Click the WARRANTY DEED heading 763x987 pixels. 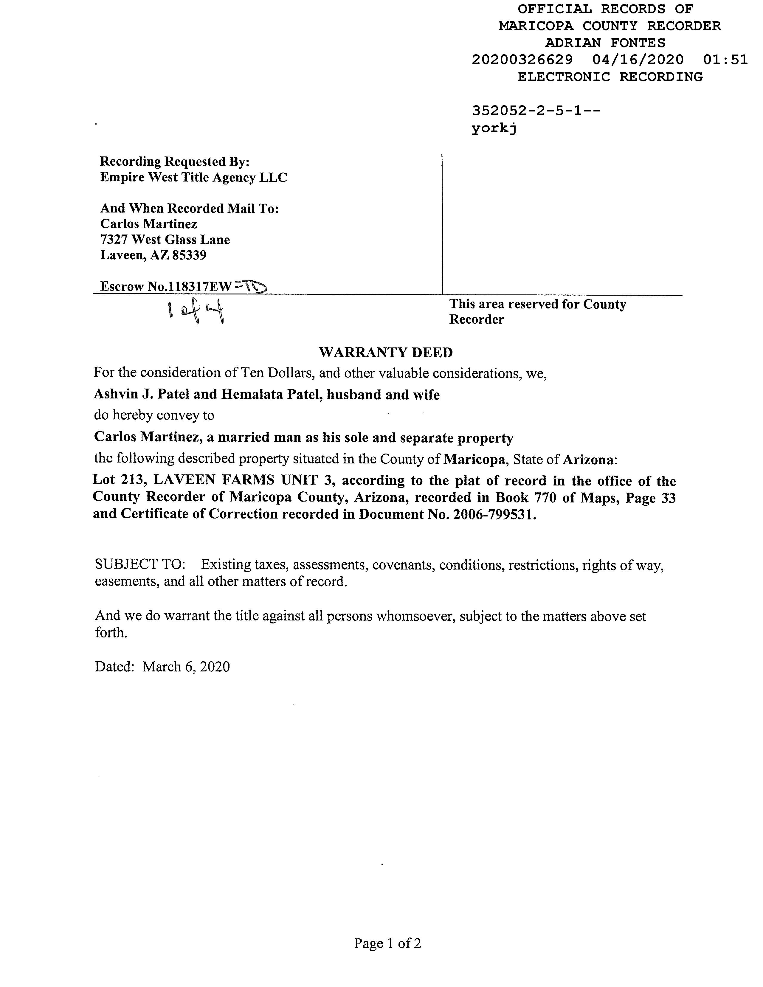[x=386, y=353]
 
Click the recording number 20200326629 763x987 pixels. [x=522, y=60]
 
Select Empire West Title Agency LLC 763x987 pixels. [x=193, y=178]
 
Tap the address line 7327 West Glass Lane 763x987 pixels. [x=165, y=240]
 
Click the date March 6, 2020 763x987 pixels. [x=186, y=667]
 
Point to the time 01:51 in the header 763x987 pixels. [x=725, y=60]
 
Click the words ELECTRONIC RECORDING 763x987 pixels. [x=610, y=77]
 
